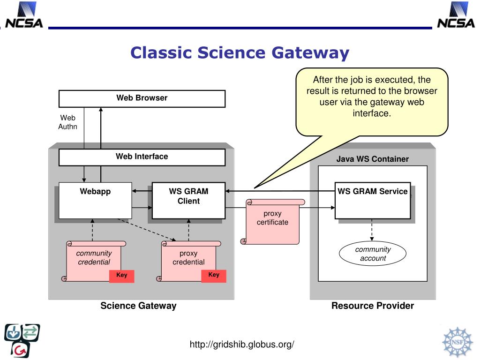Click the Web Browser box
(142, 98)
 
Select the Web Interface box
(142, 157)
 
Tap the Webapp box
(95, 201)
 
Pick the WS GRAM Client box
(188, 201)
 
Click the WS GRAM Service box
(373, 201)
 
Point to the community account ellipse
(373, 254)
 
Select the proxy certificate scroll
(272, 221)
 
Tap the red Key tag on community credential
(121, 276)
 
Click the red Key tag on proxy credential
(214, 276)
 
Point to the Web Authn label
(67, 122)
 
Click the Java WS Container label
(373, 159)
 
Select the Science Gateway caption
(138, 306)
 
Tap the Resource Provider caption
(373, 306)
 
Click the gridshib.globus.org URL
(242, 345)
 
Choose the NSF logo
(457, 342)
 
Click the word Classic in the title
(161, 52)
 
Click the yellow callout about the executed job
(372, 102)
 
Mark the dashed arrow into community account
(372, 230)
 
